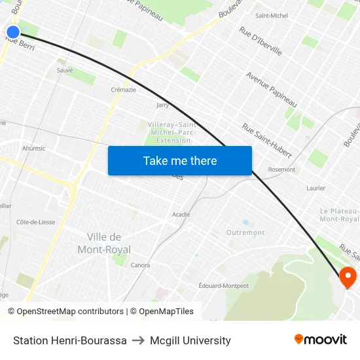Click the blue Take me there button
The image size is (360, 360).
point(180,161)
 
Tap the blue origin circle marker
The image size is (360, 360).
point(13,31)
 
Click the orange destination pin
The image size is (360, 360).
point(347,277)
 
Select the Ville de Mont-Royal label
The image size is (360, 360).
point(104,243)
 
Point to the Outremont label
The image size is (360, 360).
point(245,232)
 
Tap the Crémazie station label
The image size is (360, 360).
point(124,90)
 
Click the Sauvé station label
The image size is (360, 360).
point(65,70)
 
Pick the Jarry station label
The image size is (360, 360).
point(163,105)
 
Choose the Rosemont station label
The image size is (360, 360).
point(281,170)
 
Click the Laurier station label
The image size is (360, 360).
point(315,188)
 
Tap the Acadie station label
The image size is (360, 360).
point(181,214)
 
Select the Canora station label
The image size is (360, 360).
point(140,265)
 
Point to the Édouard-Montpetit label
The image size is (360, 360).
point(223,285)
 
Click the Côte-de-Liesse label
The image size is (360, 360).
point(35,222)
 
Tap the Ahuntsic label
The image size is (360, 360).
point(34,149)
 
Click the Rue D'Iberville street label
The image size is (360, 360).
point(261,41)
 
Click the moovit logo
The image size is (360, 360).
point(320,339)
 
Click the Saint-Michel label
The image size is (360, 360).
point(271,15)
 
